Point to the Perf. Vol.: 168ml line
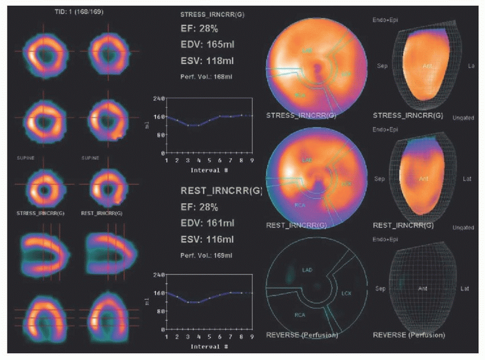[x=207, y=76]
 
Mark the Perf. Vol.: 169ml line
[x=207, y=256]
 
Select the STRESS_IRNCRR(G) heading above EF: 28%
[x=212, y=14]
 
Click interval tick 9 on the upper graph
[x=251, y=161]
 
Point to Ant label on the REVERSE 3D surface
[x=423, y=289]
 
